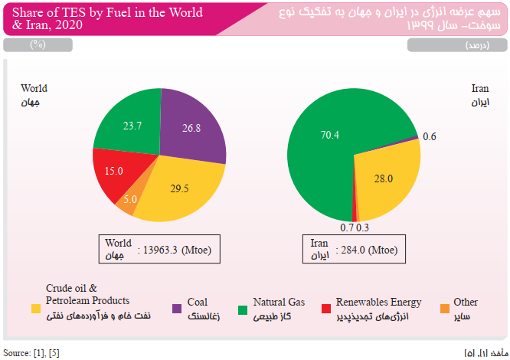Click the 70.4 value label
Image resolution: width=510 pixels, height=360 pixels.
[x=329, y=135]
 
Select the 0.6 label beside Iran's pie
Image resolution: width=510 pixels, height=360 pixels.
[x=429, y=136]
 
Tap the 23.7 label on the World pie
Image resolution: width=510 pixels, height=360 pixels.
[x=132, y=126]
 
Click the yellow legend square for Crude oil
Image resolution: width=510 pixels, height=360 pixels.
[x=36, y=309]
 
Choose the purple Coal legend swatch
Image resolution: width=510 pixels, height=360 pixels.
[x=177, y=309]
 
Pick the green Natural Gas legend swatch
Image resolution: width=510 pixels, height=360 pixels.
[x=243, y=309]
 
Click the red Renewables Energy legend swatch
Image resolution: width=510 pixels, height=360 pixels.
[x=325, y=309]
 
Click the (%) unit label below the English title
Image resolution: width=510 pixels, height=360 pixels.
[x=38, y=45]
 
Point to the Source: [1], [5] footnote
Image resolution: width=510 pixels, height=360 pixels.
[x=31, y=352]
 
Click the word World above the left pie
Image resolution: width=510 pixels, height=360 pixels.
[x=34, y=88]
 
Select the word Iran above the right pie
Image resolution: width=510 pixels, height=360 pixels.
[x=479, y=88]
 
